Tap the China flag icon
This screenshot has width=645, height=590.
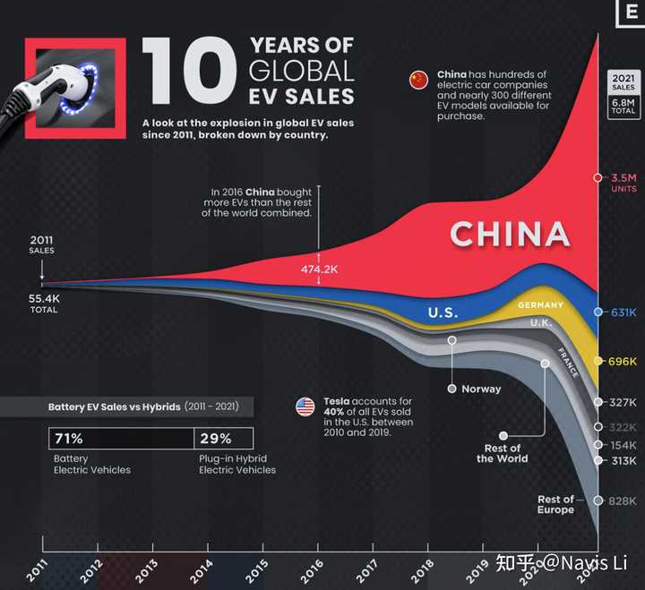tap(418, 81)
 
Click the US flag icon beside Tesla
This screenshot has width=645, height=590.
tap(305, 407)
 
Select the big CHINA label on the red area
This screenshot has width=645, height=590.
tap(509, 235)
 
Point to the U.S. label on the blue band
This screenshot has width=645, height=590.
tap(443, 313)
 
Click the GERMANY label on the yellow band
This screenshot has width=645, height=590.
tap(541, 305)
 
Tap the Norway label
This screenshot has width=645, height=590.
tap(481, 389)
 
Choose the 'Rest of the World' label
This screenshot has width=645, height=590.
tap(502, 453)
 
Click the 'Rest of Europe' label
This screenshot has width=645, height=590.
tap(555, 504)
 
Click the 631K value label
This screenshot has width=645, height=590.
tap(623, 312)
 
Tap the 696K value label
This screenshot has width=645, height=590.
tap(623, 362)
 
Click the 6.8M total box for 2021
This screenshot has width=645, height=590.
tap(623, 107)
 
